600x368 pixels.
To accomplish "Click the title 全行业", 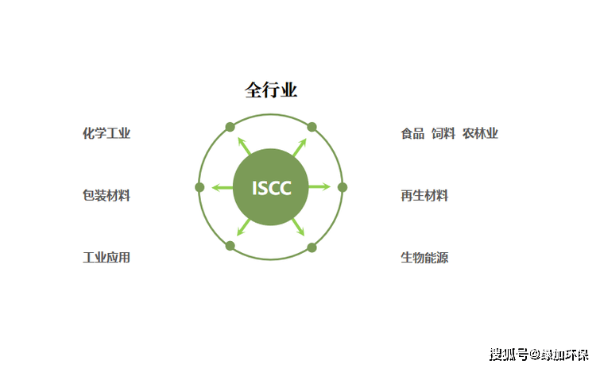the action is coord(270,90).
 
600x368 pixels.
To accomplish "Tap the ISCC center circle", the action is coord(271,188).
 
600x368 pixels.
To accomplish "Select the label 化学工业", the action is coord(106,133).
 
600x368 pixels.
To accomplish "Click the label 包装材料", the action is coord(106,195).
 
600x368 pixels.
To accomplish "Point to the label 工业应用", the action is coord(106,258).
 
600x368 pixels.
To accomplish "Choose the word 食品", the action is coord(412,133).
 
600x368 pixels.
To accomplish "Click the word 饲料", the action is coord(443,133).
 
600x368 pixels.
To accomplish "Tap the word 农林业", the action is coord(480,133).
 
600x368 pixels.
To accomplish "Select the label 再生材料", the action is coord(424,195).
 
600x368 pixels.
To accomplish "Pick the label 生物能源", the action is coord(424,258).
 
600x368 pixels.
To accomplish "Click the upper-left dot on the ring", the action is coord(230,127).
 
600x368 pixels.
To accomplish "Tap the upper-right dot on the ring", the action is coord(312,127).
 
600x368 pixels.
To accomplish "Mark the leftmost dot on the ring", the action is coord(199,187).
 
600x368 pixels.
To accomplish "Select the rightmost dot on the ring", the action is coord(343,187).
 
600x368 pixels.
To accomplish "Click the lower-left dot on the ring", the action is coord(230,247).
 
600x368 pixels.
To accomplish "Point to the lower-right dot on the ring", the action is coord(312,247).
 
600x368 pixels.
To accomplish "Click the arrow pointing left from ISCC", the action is coord(223,188).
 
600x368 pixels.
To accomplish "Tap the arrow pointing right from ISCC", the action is coord(319,187).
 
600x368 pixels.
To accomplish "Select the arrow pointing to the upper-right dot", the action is coord(299,147).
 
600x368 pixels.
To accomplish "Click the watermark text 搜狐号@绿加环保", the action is coord(539,354).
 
